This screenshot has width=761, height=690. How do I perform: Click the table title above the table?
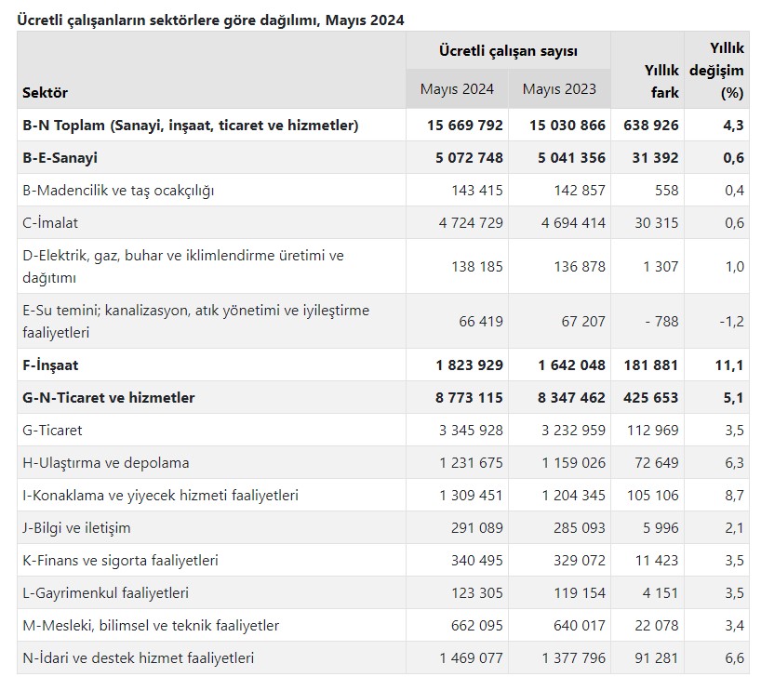pos(210,20)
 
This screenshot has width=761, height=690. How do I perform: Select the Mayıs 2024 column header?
pos(457,89)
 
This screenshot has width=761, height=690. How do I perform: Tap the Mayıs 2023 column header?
pos(559,89)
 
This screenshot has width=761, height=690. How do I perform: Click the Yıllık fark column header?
pos(661,81)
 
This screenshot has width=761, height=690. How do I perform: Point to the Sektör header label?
pos(46,93)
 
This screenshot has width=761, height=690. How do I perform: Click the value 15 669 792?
pos(465,126)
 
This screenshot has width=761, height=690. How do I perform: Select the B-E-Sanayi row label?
pos(60,158)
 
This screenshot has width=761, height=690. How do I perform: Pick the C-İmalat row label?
pos(50,223)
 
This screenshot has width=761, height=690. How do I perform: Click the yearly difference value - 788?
pos(662,321)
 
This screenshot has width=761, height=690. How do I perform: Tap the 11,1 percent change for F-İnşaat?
pos(729,365)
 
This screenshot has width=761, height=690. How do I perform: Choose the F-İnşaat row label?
pos(50,365)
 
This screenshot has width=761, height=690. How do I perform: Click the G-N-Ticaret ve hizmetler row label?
pos(109,398)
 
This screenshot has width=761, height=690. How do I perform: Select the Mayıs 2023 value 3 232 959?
pos(574,431)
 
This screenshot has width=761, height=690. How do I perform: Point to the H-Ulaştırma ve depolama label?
pos(106,463)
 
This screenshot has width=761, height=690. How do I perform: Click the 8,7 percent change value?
pos(734,496)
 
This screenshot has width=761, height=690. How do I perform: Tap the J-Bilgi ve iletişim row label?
pos(76,528)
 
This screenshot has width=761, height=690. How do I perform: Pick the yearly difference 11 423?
pos(657,561)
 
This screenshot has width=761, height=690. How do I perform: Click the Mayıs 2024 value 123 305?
pos(477,593)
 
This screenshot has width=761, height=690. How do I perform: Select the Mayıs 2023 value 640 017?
pos(580,626)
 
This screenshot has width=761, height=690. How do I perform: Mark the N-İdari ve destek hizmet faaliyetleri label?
pos(139,658)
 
